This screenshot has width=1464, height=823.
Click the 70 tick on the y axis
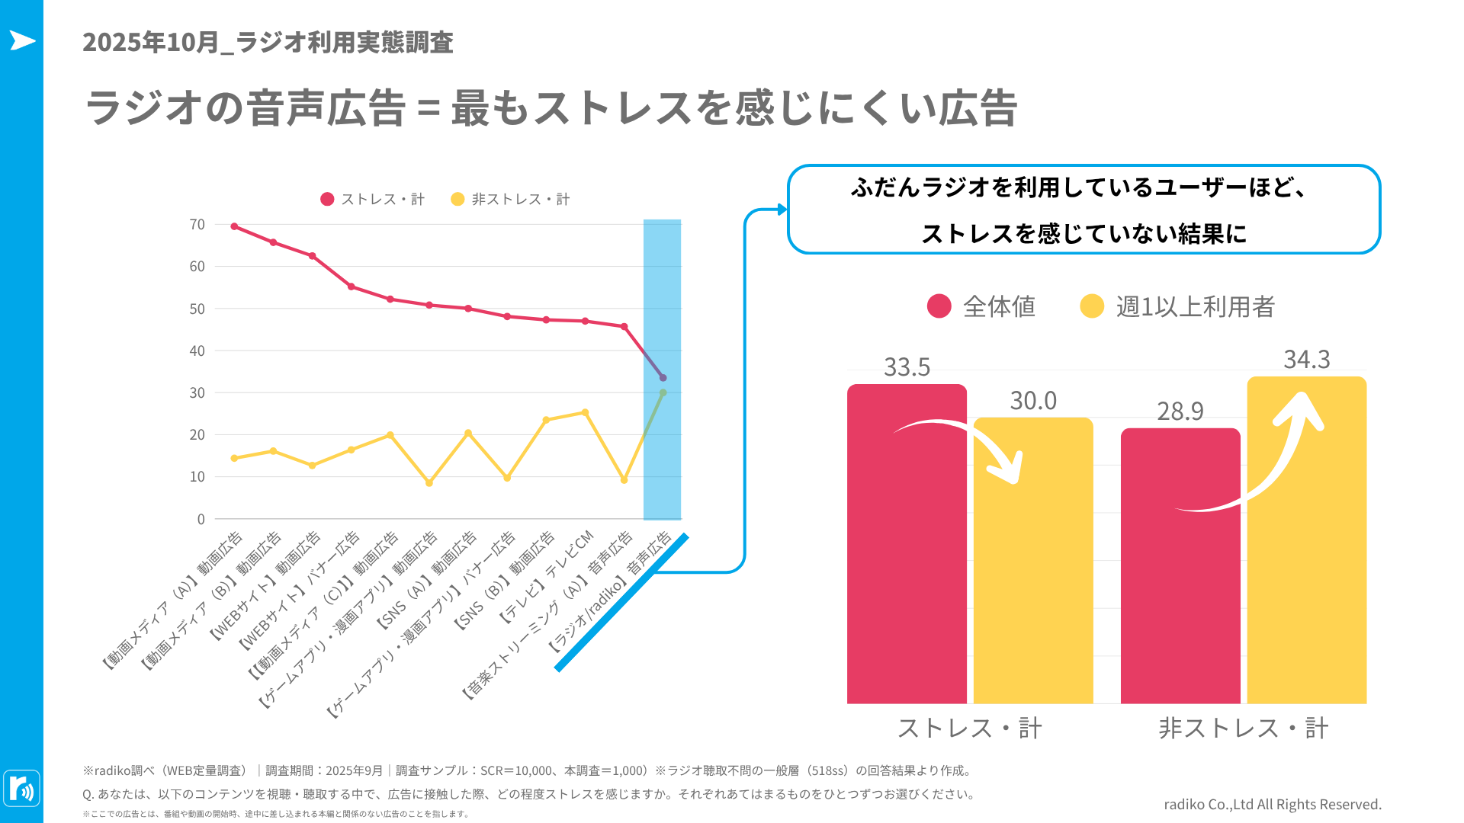pos(197,225)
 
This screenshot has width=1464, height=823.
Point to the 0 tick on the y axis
pos(201,520)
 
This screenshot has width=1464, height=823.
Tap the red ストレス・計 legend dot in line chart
pos(327,200)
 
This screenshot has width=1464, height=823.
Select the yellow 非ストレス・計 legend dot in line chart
pos(457,200)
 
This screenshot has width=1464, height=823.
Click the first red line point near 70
pos(234,226)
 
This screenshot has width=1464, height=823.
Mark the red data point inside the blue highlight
pos(663,378)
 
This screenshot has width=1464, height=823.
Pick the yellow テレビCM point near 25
pos(585,412)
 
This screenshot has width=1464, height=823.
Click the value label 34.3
pos(1306,360)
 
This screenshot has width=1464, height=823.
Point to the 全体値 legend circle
pos(939,306)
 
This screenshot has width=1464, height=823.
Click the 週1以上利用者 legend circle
pos(1092,306)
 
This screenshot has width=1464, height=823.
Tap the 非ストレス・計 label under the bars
pos(1243,729)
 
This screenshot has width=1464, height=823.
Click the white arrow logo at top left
pos(22,40)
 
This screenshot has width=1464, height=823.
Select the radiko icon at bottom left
pos(21,789)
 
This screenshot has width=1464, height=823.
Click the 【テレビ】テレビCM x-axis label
pos(547,578)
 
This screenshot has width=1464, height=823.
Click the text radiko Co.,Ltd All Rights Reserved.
pos(1272,805)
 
